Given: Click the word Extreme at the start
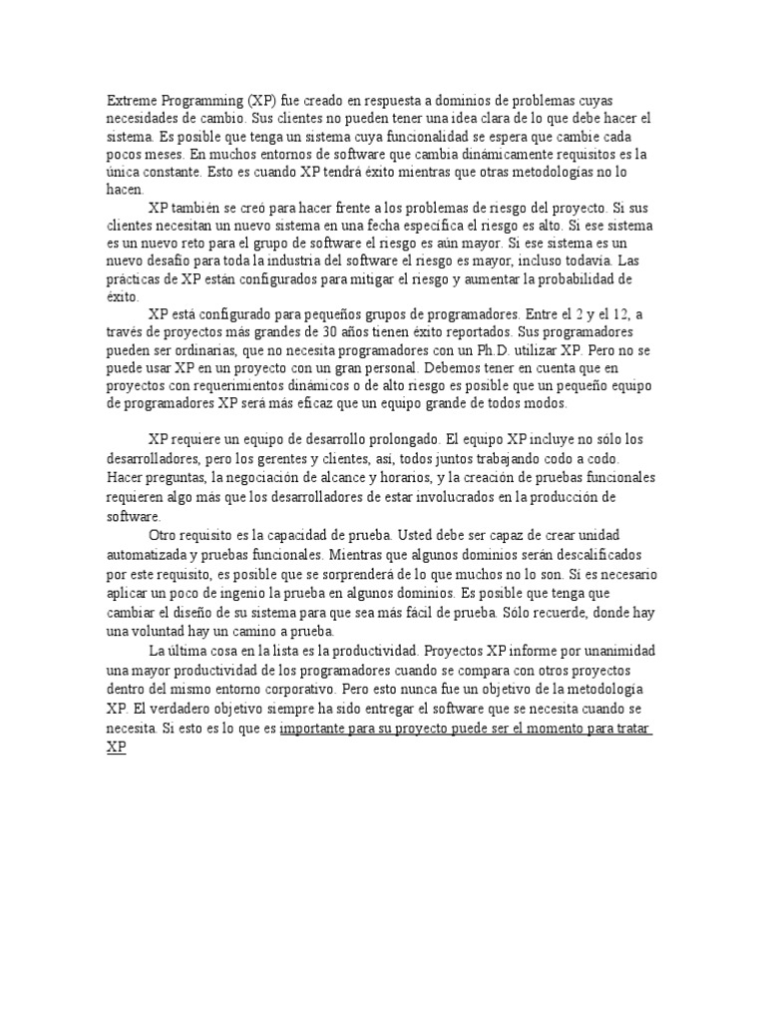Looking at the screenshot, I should coord(131,102).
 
